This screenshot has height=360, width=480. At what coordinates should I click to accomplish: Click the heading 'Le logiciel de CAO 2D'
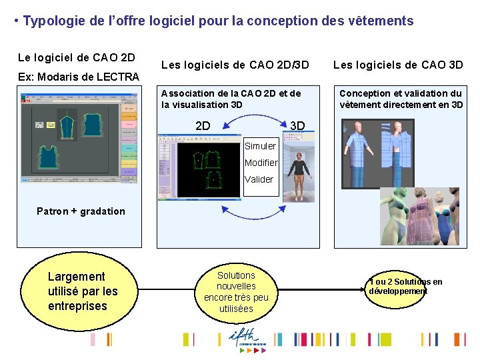(76, 58)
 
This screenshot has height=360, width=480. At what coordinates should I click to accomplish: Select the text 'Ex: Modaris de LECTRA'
(79, 77)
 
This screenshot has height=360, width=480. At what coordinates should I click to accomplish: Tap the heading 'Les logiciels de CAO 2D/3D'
(235, 65)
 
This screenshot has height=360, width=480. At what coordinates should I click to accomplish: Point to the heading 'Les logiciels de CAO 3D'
(398, 65)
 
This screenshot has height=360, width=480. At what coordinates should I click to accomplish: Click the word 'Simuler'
(260, 146)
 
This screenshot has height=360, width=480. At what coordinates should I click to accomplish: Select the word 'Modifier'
(261, 163)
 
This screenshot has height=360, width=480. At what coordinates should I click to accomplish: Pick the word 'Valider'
(259, 179)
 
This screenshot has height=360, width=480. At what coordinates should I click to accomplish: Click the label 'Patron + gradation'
(81, 211)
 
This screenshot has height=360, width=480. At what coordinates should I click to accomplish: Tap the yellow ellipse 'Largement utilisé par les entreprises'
(82, 291)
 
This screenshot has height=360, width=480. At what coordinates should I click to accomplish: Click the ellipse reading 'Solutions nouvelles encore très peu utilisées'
(237, 292)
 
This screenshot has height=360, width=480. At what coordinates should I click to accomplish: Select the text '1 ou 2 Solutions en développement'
(405, 287)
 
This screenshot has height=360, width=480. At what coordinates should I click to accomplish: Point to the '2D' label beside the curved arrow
(203, 125)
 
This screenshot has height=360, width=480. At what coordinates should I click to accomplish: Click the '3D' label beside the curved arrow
(297, 125)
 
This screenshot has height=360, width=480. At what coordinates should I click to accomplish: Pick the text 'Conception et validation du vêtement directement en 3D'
(401, 99)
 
